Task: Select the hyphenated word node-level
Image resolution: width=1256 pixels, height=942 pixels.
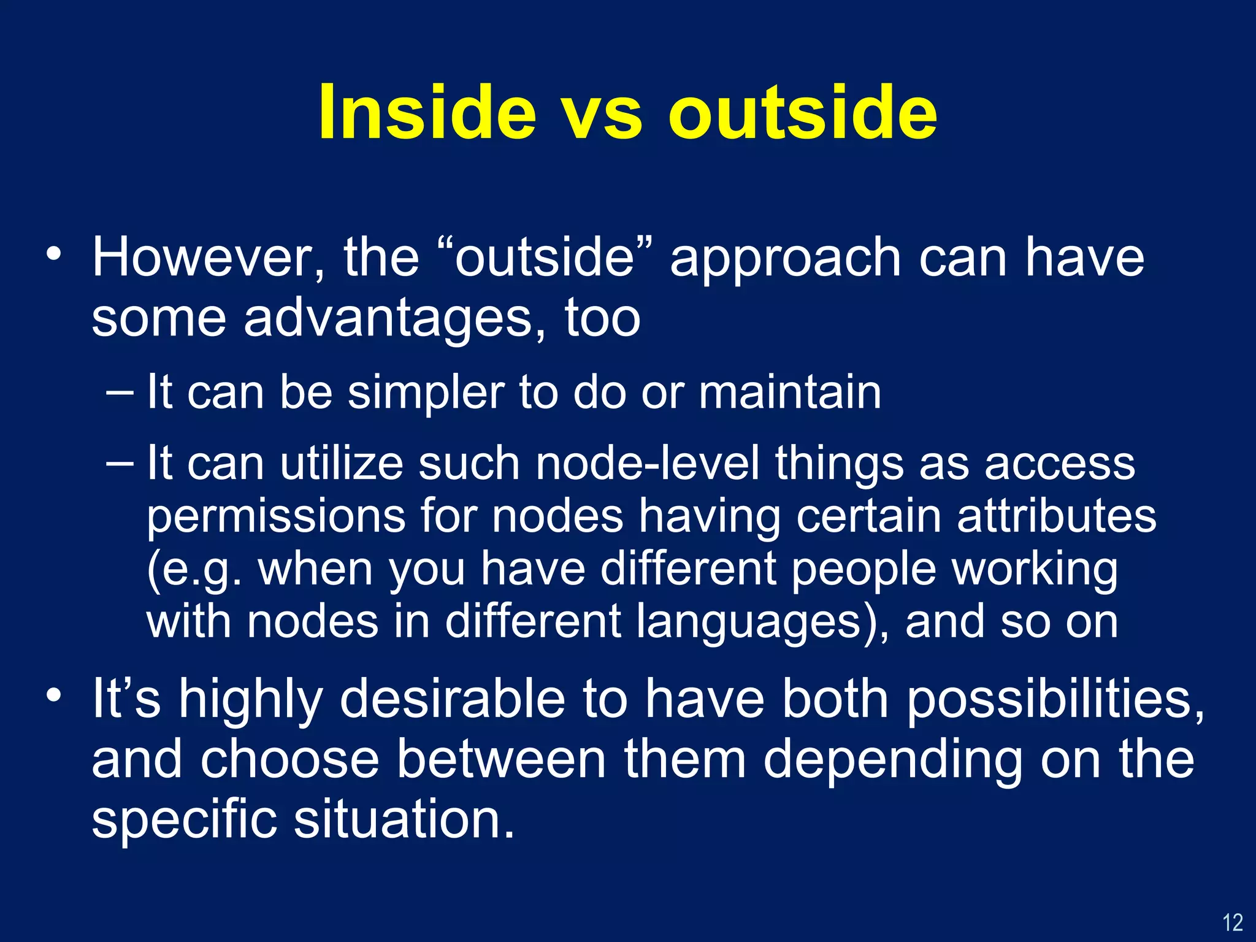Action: click(648, 463)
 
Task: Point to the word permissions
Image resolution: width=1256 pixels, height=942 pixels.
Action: click(276, 516)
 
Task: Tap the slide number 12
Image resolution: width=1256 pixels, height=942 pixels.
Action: click(1233, 922)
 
